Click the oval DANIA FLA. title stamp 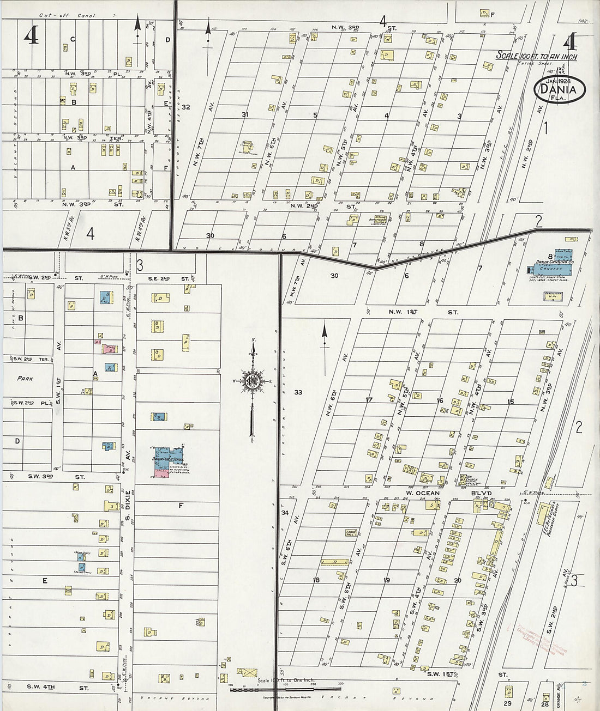click(559, 90)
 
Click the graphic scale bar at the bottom click(285, 689)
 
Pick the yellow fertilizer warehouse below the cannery click(553, 296)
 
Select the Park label click(25, 378)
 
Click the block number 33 click(298, 392)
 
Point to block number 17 click(369, 400)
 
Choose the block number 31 click(245, 114)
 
